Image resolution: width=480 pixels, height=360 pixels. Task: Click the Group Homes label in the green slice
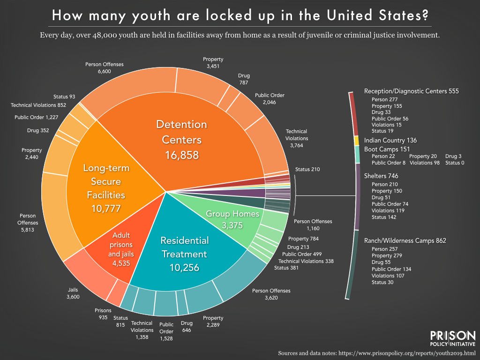pos(232,214)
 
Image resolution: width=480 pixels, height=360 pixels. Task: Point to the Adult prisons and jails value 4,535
pos(121,263)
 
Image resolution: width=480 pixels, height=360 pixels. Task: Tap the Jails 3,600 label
pos(73,293)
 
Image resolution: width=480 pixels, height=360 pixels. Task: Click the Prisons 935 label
pos(103,314)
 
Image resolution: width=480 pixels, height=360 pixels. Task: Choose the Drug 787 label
pos(244,79)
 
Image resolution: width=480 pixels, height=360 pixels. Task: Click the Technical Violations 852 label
pos(38,105)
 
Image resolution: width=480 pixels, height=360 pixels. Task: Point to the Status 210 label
pos(307,169)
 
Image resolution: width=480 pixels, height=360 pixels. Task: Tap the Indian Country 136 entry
pos(390,140)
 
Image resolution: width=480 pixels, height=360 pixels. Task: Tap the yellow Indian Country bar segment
pos(356,141)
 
